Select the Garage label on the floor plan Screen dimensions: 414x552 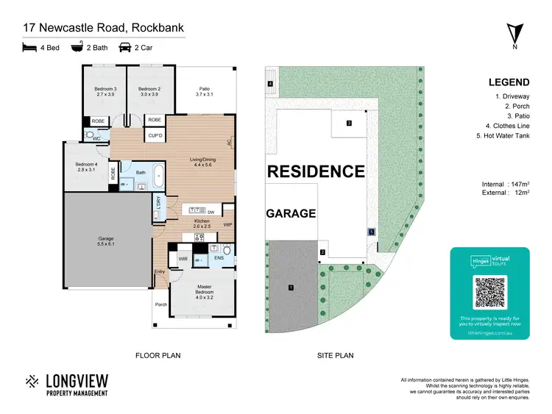click(106, 240)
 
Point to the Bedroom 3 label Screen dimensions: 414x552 click(105, 91)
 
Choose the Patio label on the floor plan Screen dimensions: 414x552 click(204, 91)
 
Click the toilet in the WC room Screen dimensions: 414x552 click(89, 135)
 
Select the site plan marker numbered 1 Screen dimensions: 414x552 click(291, 287)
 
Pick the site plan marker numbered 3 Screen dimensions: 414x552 click(350, 123)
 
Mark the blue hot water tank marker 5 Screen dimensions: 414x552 click(372, 231)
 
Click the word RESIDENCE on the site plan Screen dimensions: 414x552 click(315, 172)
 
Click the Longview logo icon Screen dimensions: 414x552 click(32, 382)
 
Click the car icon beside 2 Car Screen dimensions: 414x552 click(125, 48)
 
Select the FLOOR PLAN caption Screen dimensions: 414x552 click(158, 355)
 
